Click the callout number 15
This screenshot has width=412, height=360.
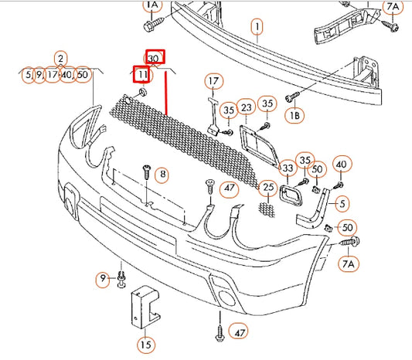146,345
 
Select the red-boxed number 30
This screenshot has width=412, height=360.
155,56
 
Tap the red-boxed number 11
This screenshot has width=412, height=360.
141,74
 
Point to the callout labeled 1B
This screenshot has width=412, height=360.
295,115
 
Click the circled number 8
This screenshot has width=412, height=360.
162,174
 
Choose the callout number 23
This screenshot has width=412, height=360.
247,107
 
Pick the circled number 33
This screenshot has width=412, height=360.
288,168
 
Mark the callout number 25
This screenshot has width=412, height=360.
268,187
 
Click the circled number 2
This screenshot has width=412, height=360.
61,59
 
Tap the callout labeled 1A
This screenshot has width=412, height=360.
152,5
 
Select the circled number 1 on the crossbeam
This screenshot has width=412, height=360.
257,26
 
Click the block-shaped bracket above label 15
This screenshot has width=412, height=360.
145,307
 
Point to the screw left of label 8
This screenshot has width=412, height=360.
147,172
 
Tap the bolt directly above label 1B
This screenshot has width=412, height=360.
292,97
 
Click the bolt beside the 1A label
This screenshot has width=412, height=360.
153,24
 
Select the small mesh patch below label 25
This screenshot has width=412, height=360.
267,209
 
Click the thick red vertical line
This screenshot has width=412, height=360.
166,93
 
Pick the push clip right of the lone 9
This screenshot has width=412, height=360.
121,279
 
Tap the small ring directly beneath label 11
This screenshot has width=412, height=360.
143,93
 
